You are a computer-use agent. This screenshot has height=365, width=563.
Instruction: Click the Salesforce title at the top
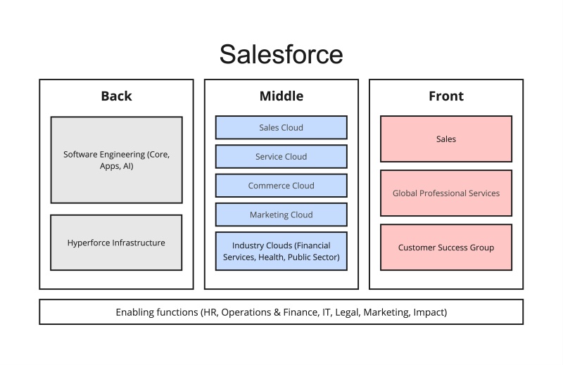click(281, 54)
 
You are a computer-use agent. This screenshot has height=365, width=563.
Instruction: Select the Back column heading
click(116, 96)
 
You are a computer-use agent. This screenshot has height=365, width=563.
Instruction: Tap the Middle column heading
click(281, 96)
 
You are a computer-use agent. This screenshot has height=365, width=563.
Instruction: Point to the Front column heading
click(446, 96)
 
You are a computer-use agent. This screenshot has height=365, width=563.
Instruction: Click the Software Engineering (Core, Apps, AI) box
click(116, 160)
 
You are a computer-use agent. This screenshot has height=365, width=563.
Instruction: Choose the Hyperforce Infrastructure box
click(116, 243)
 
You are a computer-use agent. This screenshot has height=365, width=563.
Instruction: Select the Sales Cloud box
click(281, 127)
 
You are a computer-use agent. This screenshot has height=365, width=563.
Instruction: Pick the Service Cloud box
click(281, 157)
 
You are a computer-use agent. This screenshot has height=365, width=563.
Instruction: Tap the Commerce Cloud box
click(281, 186)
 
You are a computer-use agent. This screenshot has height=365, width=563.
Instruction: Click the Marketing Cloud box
click(281, 214)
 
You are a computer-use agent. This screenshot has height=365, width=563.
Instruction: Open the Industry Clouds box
click(281, 251)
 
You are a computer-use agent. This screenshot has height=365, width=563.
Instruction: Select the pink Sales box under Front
click(446, 139)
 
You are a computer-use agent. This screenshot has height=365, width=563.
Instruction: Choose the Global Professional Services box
click(446, 193)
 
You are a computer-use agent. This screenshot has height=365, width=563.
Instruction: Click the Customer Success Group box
click(446, 248)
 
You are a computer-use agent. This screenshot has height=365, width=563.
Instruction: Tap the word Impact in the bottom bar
click(429, 312)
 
